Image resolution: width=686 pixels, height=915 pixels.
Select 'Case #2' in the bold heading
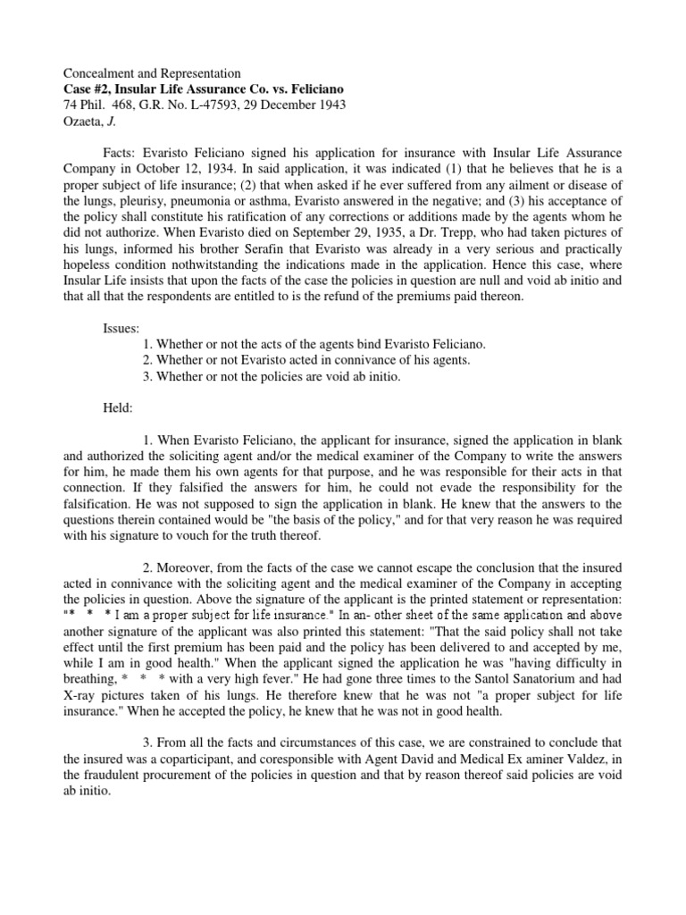88,88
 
